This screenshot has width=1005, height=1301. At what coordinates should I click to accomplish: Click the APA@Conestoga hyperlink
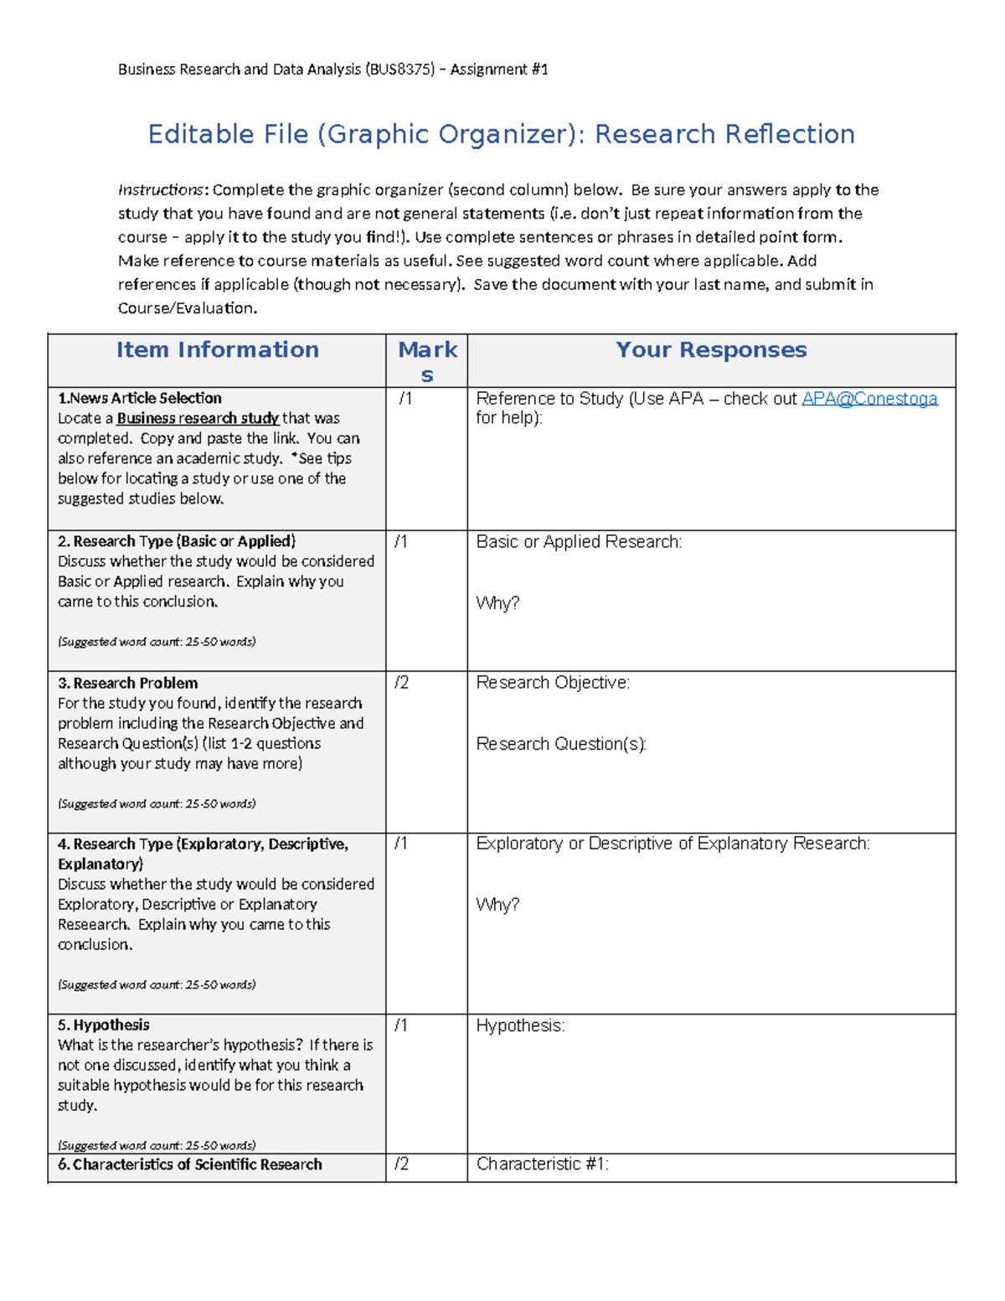click(x=868, y=399)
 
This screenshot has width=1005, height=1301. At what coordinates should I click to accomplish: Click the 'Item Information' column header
click(x=217, y=350)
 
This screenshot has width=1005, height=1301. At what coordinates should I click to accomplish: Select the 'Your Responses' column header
click(x=710, y=350)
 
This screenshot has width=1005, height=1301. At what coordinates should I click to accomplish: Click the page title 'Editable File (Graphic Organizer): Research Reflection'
click(x=501, y=134)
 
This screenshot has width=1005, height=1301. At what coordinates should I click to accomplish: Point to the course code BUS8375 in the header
click(x=399, y=70)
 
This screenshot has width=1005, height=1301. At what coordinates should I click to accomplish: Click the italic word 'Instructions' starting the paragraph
click(x=160, y=190)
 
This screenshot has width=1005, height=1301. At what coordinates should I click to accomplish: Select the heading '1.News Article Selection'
click(x=140, y=398)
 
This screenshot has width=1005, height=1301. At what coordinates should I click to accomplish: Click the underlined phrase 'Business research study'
click(x=198, y=418)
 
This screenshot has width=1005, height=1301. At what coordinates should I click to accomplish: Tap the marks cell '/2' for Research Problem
click(x=402, y=683)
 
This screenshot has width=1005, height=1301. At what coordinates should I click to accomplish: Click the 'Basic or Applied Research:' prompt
click(x=579, y=542)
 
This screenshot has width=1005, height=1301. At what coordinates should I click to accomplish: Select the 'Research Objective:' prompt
click(x=553, y=683)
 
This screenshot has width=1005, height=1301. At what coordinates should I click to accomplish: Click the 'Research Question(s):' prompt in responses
click(x=561, y=744)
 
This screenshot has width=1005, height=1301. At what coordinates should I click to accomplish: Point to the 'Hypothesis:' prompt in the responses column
click(x=520, y=1025)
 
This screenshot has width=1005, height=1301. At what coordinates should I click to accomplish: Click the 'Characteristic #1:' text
click(x=542, y=1164)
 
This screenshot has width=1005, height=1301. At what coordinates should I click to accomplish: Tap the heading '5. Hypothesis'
click(x=104, y=1025)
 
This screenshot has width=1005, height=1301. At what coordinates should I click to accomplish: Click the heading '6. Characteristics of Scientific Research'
click(x=190, y=1164)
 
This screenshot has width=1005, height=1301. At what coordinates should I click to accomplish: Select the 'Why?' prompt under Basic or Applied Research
click(x=497, y=603)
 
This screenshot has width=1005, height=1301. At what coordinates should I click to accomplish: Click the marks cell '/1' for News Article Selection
click(x=405, y=399)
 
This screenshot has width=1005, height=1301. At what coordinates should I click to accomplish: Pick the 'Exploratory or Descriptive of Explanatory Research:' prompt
click(x=673, y=844)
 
